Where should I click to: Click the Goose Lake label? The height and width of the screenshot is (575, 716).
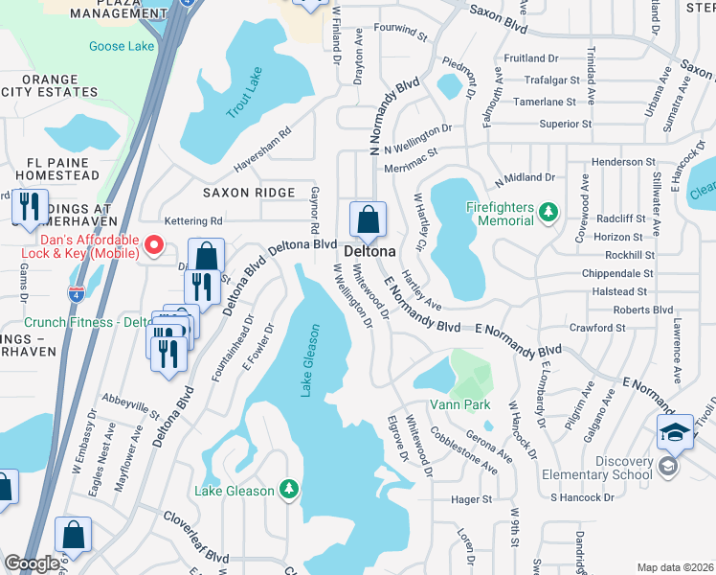coord(121,46)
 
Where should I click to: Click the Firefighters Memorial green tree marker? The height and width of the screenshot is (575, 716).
coord(548,211)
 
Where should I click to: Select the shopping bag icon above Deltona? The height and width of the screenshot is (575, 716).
coord(368,220)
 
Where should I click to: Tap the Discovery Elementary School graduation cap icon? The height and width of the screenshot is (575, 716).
coord(675,432)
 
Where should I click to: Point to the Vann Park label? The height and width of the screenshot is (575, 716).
coord(459,404)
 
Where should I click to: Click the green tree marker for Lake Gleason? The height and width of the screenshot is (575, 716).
coord(288,491)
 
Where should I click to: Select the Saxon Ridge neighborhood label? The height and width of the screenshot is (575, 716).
coord(248,193)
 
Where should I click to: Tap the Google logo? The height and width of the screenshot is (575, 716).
coord(32,563)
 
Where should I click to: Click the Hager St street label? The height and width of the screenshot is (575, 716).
coord(471,499)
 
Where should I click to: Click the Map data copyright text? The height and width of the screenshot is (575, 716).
coord(674,567)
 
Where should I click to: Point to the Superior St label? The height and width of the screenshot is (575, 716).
coord(566,125)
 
